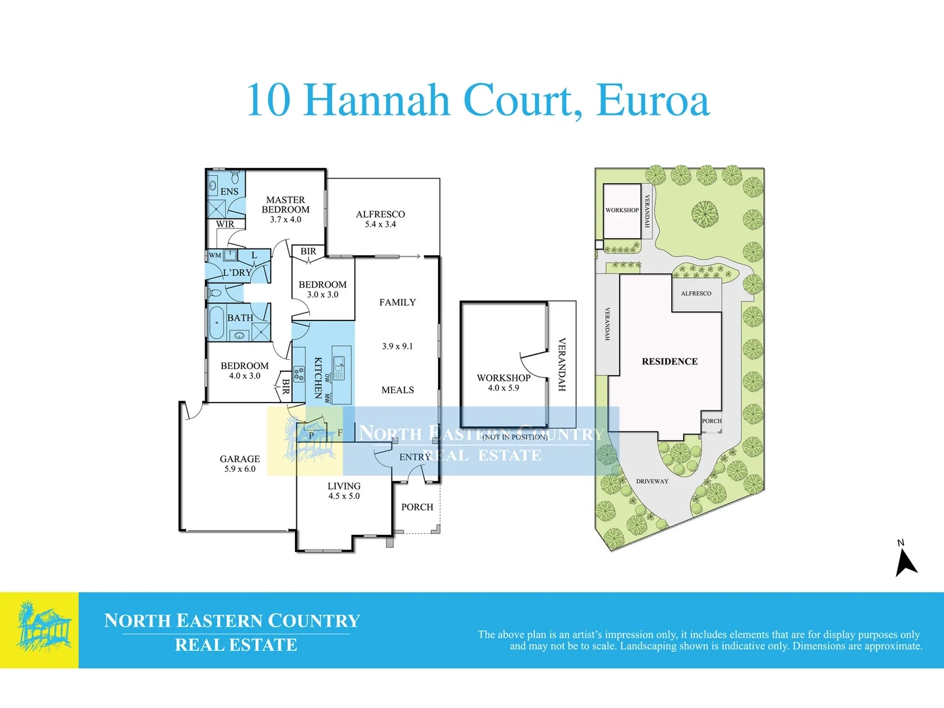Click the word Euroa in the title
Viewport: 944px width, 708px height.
pyautogui.click(x=652, y=100)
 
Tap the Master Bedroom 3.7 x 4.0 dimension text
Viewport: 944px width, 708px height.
pyautogui.click(x=286, y=220)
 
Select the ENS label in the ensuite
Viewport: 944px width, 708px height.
pyautogui.click(x=229, y=191)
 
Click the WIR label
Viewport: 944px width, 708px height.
pyautogui.click(x=225, y=224)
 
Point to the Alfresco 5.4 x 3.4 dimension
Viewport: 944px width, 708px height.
pyautogui.click(x=381, y=224)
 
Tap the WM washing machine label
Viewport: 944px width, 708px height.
pyautogui.click(x=215, y=256)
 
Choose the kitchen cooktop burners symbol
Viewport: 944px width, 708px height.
pyautogui.click(x=299, y=374)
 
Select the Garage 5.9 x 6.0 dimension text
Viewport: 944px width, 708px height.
pyautogui.click(x=240, y=469)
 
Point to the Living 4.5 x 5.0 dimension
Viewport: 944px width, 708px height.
pyautogui.click(x=344, y=496)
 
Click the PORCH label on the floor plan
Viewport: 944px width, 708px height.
pyautogui.click(x=417, y=507)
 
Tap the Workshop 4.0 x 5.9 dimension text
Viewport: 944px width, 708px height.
pyautogui.click(x=503, y=388)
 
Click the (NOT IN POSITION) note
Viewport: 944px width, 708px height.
pyautogui.click(x=515, y=437)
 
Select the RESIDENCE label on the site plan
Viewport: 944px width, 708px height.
pyautogui.click(x=669, y=361)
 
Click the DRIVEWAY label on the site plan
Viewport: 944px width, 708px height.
pyautogui.click(x=652, y=481)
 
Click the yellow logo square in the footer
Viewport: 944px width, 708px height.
pyautogui.click(x=39, y=630)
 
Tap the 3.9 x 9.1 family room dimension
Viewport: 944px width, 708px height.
pyautogui.click(x=397, y=347)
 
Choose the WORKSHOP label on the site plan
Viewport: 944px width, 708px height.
pyautogui.click(x=622, y=210)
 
